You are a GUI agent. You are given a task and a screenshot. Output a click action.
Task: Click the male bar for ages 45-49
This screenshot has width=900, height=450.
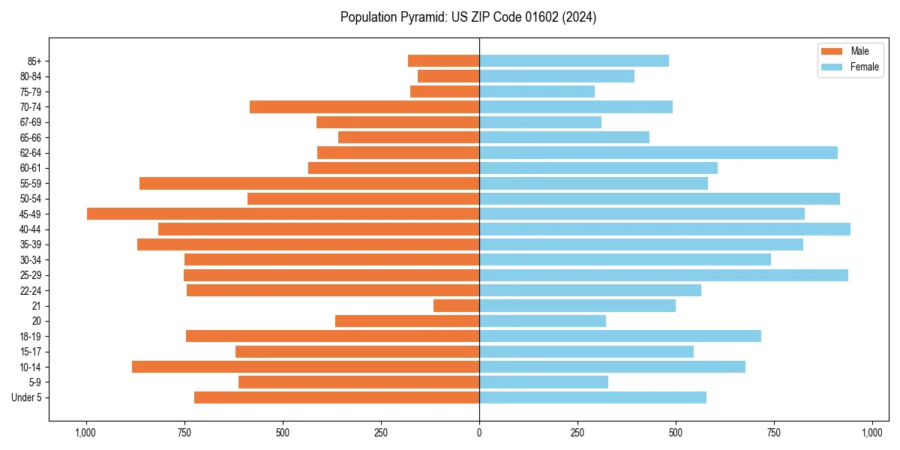(x=283, y=214)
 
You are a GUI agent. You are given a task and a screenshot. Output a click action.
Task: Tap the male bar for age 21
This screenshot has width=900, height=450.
(x=456, y=306)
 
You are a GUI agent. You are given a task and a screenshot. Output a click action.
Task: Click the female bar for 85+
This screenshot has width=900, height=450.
(x=574, y=61)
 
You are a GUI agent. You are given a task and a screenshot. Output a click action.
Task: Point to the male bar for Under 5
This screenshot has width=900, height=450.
(x=337, y=397)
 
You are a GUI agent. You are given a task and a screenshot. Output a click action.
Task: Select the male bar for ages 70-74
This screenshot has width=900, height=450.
(x=364, y=107)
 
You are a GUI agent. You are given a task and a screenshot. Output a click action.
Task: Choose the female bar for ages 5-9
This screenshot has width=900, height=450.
(x=544, y=382)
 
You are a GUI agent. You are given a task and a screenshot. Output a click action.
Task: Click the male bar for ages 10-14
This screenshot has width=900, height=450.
(x=305, y=367)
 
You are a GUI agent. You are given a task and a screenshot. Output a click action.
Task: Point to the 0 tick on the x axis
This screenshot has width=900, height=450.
(x=479, y=433)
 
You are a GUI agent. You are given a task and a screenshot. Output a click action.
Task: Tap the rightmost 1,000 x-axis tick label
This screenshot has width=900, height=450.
(x=872, y=433)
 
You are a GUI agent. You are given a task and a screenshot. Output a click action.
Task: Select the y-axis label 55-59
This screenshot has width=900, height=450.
(x=30, y=184)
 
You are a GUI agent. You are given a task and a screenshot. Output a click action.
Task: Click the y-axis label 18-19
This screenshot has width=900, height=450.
(x=30, y=337)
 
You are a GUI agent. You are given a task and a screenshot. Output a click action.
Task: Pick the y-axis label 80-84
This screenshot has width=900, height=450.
(x=30, y=76)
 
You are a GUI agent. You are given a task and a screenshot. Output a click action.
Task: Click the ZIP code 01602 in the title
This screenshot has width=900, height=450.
(x=529, y=17)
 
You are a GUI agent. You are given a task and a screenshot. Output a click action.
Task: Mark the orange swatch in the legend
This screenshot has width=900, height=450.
(x=832, y=51)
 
